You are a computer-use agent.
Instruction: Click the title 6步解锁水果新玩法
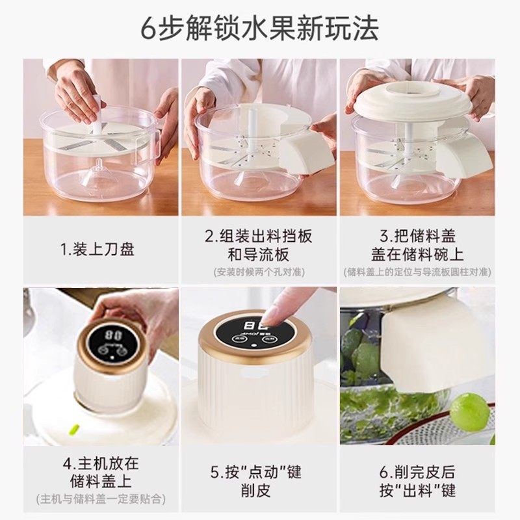tap(259, 29)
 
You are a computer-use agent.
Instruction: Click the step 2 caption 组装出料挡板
tap(259, 235)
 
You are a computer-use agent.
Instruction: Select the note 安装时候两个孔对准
tap(259, 271)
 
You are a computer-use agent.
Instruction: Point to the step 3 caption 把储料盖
tap(417, 235)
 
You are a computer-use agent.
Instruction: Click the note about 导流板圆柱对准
tap(417, 272)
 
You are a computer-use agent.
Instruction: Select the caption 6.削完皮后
tap(417, 471)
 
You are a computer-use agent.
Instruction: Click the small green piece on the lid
tap(73, 430)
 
